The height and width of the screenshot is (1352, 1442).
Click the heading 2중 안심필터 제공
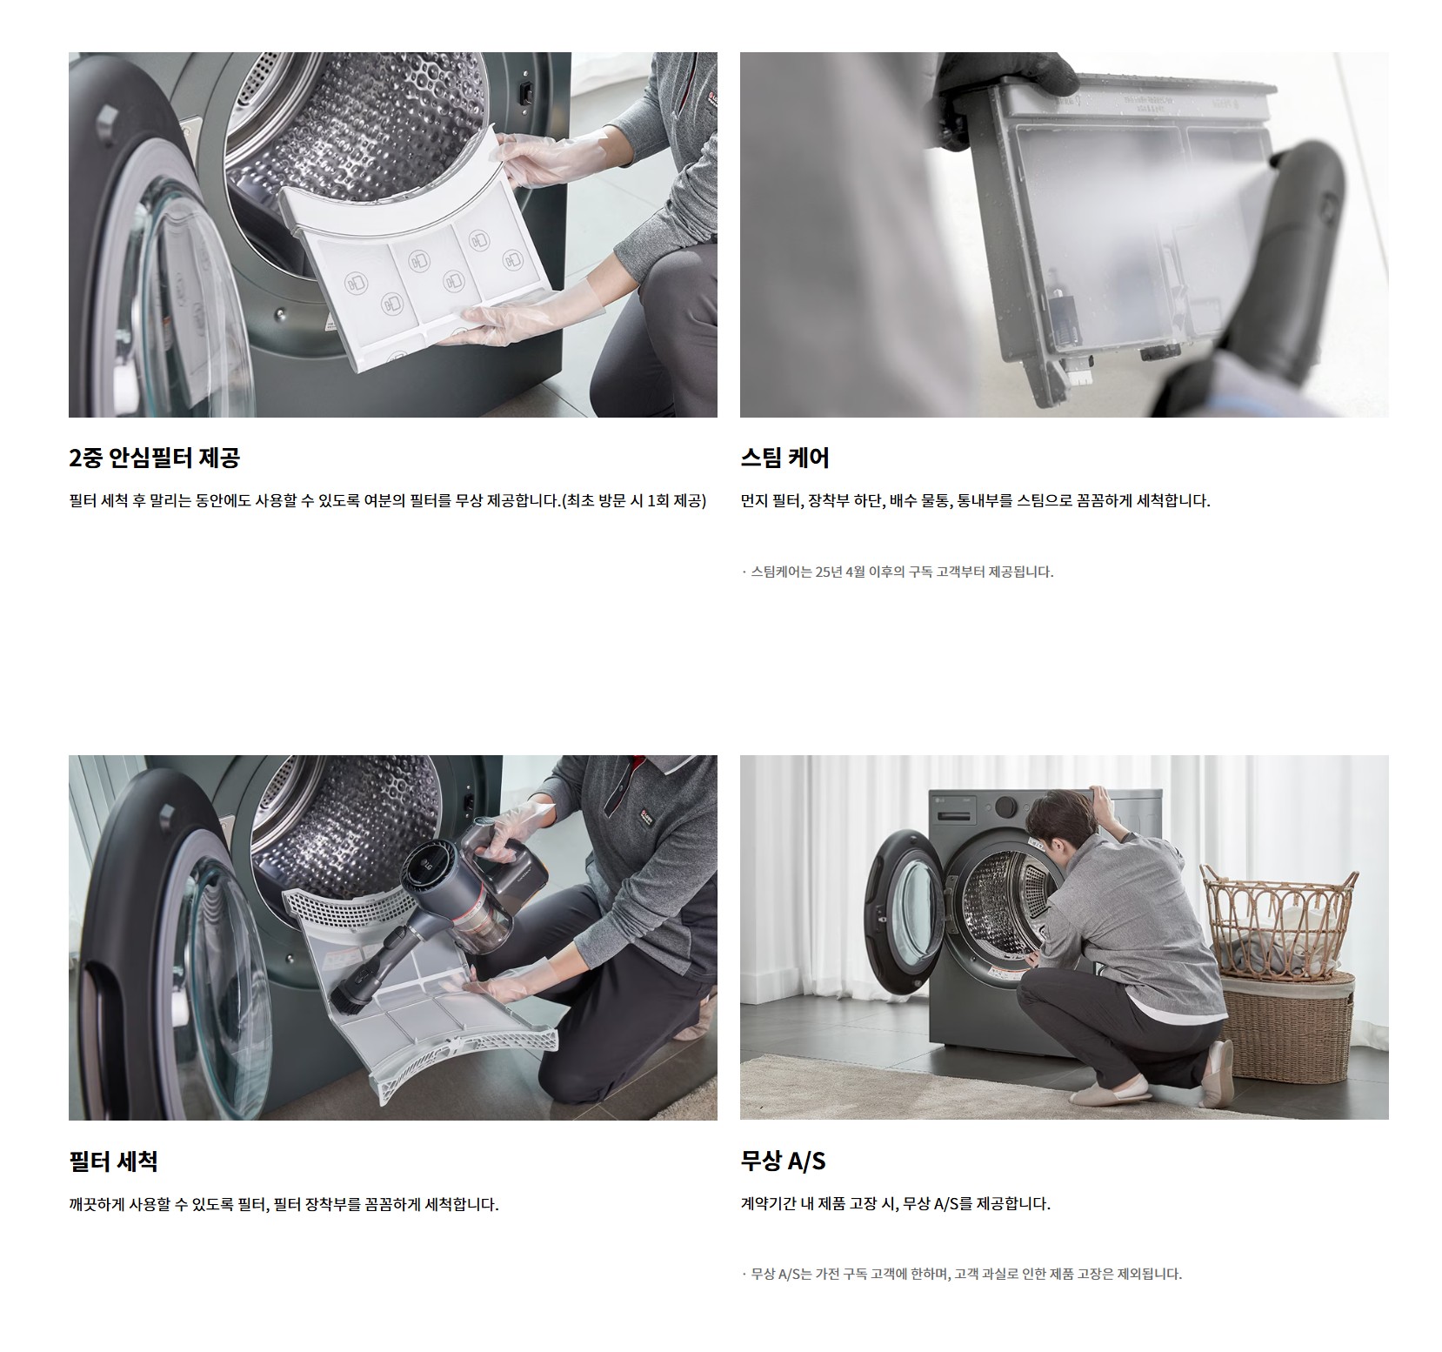coord(154,458)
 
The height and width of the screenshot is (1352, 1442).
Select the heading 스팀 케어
coord(784,458)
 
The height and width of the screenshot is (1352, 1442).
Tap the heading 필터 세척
coord(113,1161)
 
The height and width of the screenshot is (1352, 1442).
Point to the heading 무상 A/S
coord(783,1161)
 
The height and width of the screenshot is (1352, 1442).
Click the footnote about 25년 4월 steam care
coord(898,572)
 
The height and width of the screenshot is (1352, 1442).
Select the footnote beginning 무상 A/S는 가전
coord(962,1274)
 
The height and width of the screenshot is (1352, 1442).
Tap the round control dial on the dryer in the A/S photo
coord(1006,806)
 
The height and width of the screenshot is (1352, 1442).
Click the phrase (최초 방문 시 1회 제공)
coord(634,501)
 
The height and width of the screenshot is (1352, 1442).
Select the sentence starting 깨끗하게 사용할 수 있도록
coord(284,1204)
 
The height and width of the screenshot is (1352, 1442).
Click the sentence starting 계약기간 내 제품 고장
coord(896,1204)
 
